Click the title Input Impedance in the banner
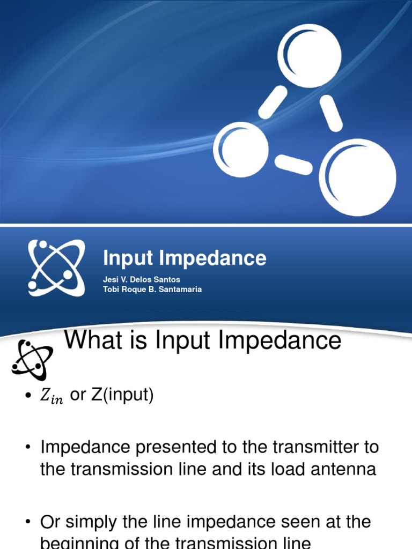pos(185,258)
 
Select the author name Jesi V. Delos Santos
pos(141,280)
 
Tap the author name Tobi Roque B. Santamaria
pos(152,290)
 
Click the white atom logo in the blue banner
pos(56,267)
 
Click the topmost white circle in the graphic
pos(309,56)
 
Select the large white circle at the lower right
pos(358,177)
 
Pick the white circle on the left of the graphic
pos(241,150)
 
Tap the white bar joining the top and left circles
pos(273,102)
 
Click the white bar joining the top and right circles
pos(332,113)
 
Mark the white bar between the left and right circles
pos(293,165)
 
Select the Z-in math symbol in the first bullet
pos(51,397)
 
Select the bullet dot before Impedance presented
pos(27,447)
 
